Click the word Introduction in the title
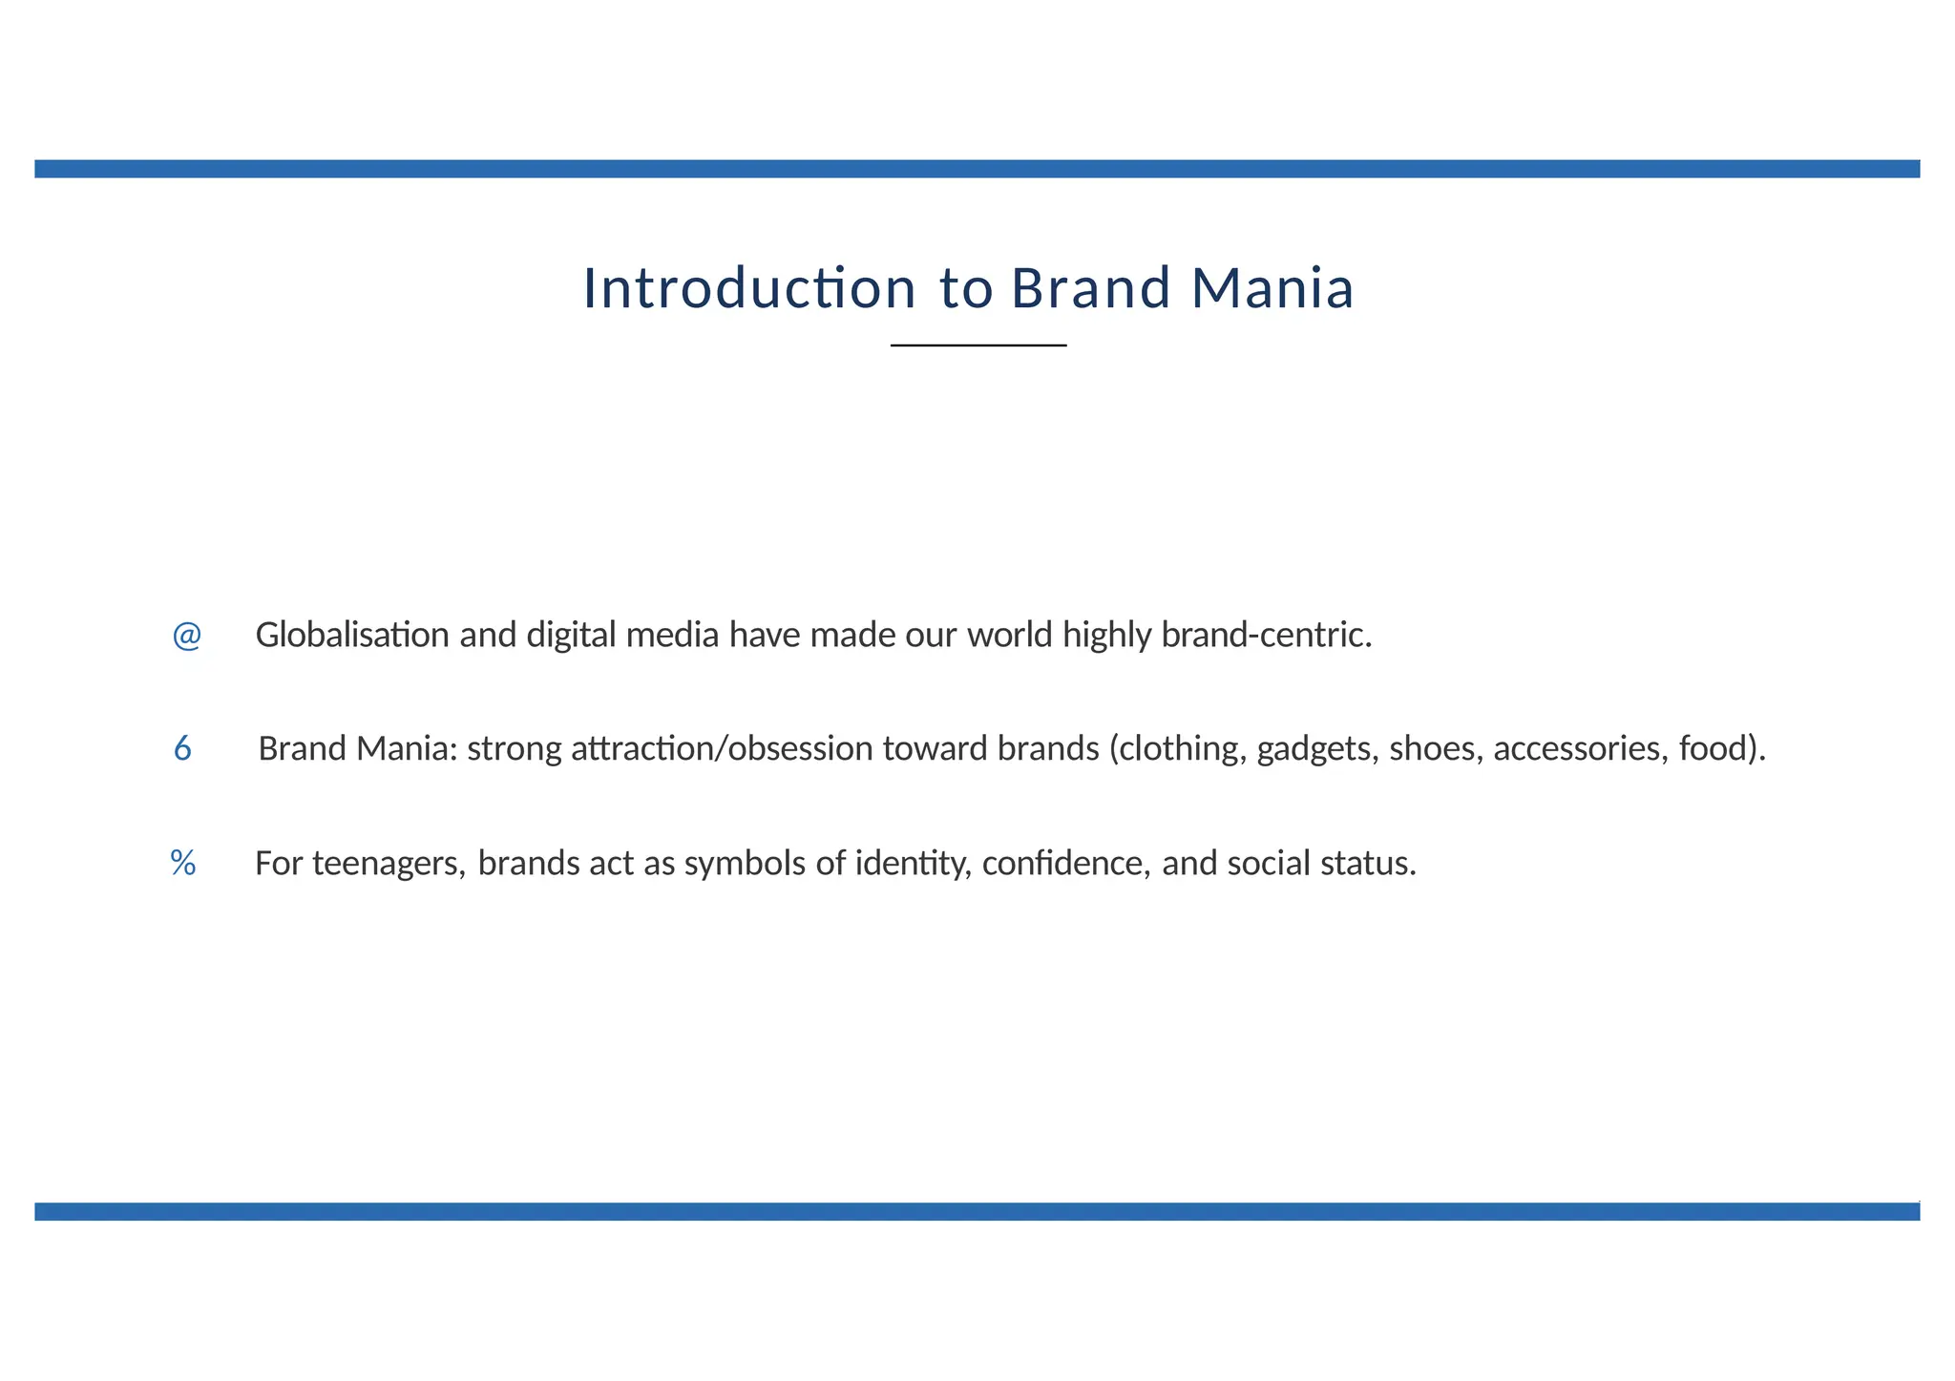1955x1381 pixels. (x=749, y=288)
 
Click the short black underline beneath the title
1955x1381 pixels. (x=978, y=345)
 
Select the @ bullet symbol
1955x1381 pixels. (x=187, y=636)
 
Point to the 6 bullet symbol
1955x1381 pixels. (x=182, y=749)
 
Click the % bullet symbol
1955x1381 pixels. (x=183, y=864)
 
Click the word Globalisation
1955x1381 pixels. (x=352, y=636)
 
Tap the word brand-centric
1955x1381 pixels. (x=1266, y=636)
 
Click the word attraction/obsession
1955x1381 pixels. (x=722, y=749)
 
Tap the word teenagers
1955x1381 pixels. (x=389, y=864)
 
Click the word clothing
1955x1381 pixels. (x=1183, y=749)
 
